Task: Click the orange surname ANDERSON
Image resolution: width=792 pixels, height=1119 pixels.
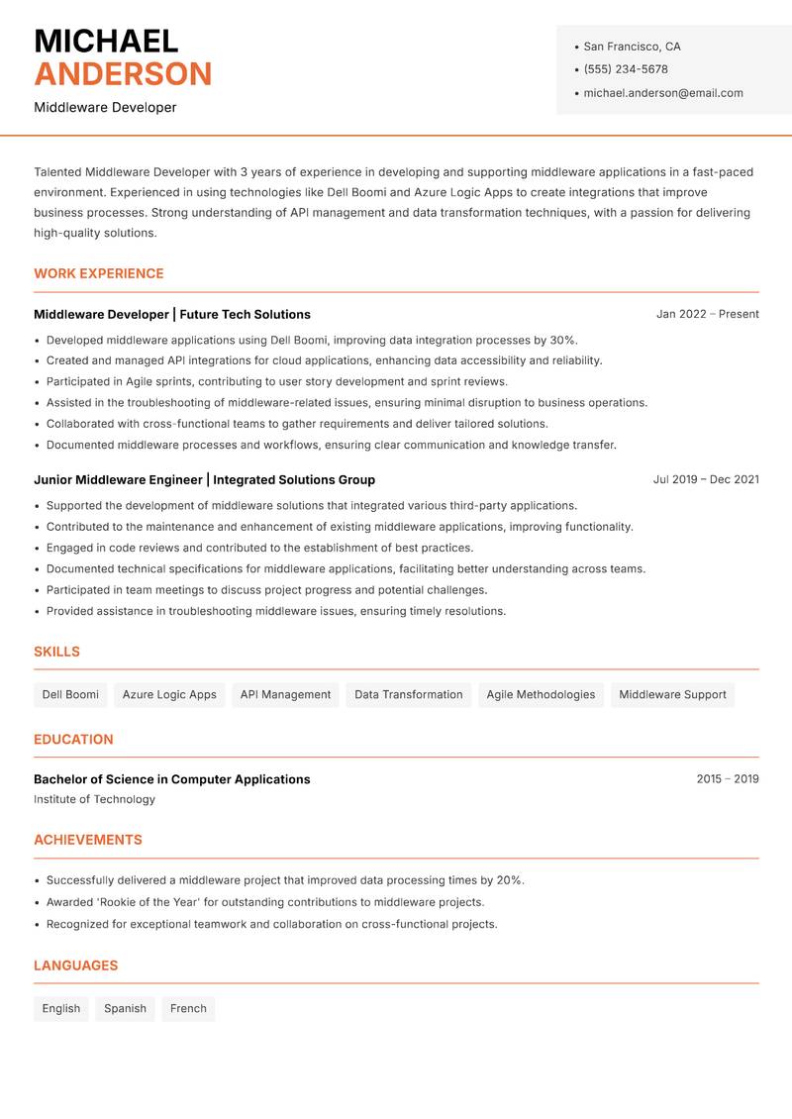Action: coord(123,74)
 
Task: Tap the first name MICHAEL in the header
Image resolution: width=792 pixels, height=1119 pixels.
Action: coord(106,42)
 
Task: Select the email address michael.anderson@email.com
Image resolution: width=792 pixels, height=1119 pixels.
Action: coord(663,93)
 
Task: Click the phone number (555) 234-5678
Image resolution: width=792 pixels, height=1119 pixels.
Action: coord(626,69)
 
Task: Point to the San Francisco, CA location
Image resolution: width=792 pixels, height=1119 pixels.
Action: coord(632,47)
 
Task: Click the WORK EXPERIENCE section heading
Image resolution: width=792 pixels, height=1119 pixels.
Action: coord(99,273)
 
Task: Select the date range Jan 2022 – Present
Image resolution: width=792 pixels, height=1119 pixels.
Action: coord(707,314)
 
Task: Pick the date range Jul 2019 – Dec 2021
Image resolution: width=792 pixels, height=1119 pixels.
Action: coord(706,479)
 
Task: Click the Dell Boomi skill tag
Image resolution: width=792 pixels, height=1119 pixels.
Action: coord(70,694)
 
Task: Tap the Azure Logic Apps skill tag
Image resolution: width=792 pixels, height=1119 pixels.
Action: coord(169,694)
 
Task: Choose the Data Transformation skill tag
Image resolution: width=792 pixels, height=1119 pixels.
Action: coord(409,694)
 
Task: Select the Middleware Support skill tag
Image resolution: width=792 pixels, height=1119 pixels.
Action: coord(672,694)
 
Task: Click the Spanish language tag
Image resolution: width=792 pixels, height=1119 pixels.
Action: coord(125,1008)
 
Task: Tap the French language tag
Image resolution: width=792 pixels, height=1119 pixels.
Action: coord(188,1008)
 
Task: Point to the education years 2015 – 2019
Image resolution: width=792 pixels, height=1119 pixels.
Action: coord(727,779)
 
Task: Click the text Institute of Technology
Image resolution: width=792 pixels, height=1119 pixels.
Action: coord(94,799)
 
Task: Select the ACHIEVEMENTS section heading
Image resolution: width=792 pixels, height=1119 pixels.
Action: coord(88,840)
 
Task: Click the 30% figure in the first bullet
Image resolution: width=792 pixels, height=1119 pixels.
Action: coord(563,340)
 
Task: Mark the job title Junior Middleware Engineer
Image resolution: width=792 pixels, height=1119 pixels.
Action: coord(118,479)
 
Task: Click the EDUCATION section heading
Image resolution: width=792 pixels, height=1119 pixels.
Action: coord(73,739)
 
